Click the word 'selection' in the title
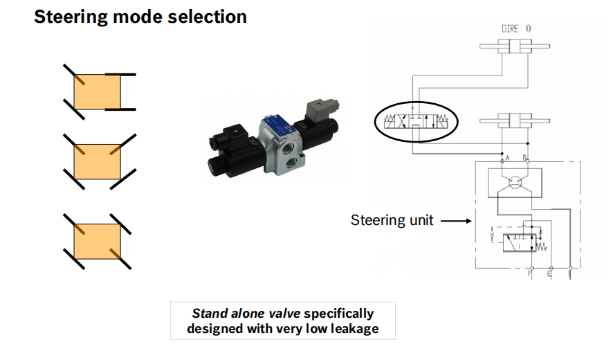pos(208,17)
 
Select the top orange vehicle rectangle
pos(98,91)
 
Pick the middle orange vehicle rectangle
pos(98,160)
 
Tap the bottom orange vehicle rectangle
pos(98,240)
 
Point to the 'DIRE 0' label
pos(516,29)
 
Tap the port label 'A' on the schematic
pos(508,158)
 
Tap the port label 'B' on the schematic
pos(525,158)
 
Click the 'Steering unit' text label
pos(392,220)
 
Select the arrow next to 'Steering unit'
pos(455,221)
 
